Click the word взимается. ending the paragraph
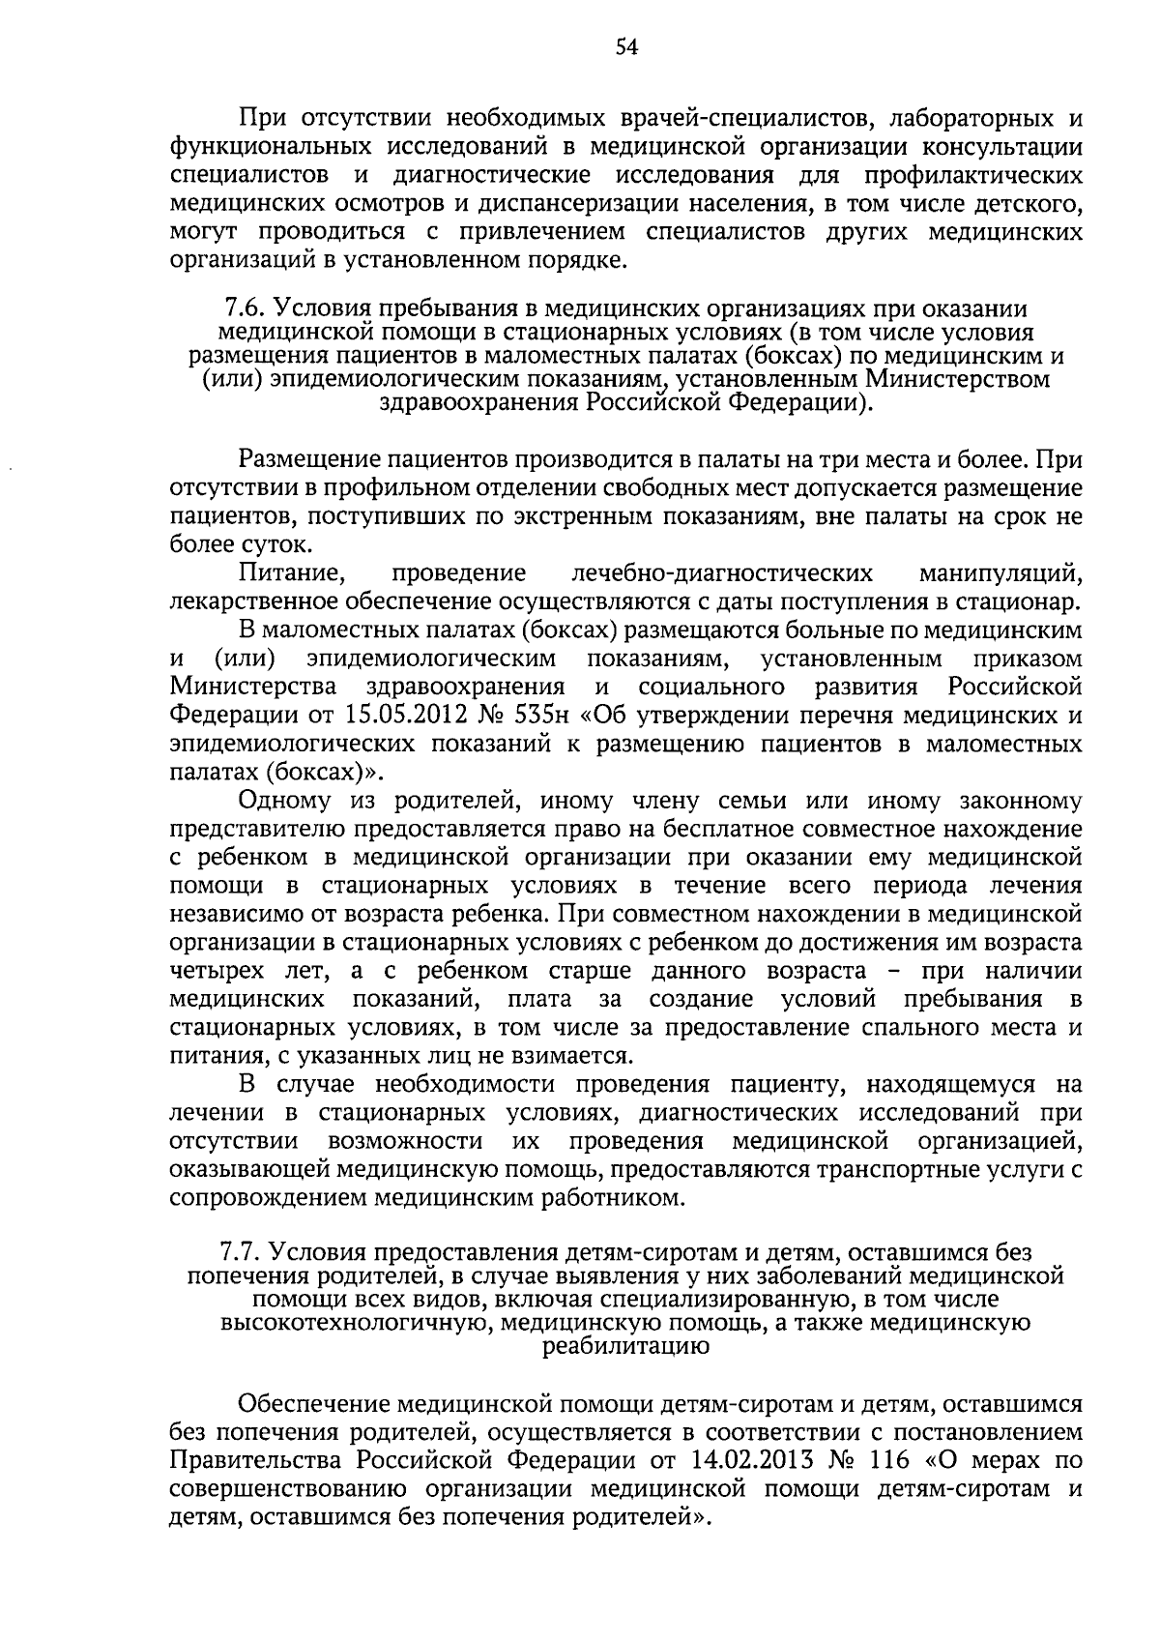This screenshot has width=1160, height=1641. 574,1055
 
